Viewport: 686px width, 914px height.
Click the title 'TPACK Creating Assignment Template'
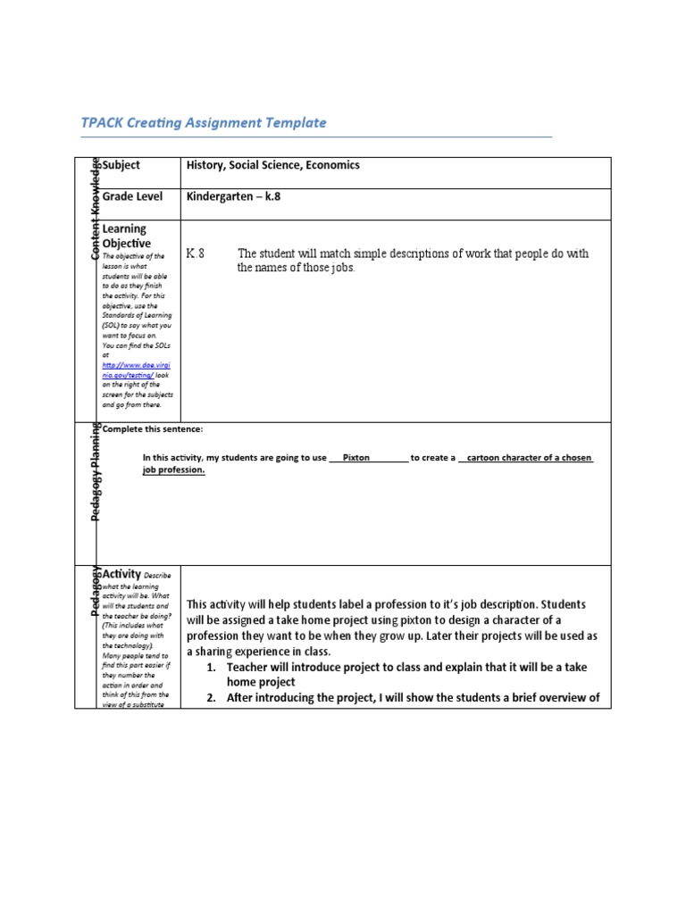point(204,123)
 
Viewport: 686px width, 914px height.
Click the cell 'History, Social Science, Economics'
point(272,165)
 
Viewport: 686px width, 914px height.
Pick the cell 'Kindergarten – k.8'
point(235,195)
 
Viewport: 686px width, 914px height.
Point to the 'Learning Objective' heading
point(126,237)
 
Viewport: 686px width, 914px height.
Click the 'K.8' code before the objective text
point(195,254)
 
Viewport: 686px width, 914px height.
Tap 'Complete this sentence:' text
point(153,430)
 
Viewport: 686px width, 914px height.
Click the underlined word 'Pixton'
point(356,458)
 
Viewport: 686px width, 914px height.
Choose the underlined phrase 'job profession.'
point(173,470)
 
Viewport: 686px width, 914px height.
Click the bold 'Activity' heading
point(123,574)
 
